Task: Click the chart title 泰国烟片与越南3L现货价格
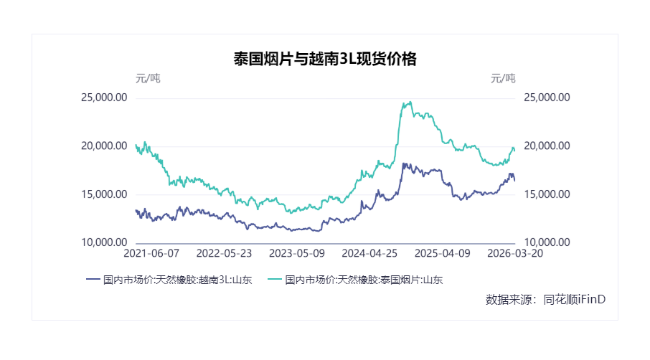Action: click(325, 60)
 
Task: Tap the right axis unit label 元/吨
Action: click(503, 78)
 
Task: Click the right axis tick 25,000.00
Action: click(547, 98)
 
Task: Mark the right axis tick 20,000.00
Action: click(547, 146)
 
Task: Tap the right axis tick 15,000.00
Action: click(547, 194)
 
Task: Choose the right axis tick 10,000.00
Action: click(547, 243)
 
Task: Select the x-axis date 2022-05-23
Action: click(225, 254)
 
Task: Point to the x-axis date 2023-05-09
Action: click(297, 254)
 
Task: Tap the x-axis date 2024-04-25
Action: click(370, 254)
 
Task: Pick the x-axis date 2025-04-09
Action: click(443, 254)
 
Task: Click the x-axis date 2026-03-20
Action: click(514, 254)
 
